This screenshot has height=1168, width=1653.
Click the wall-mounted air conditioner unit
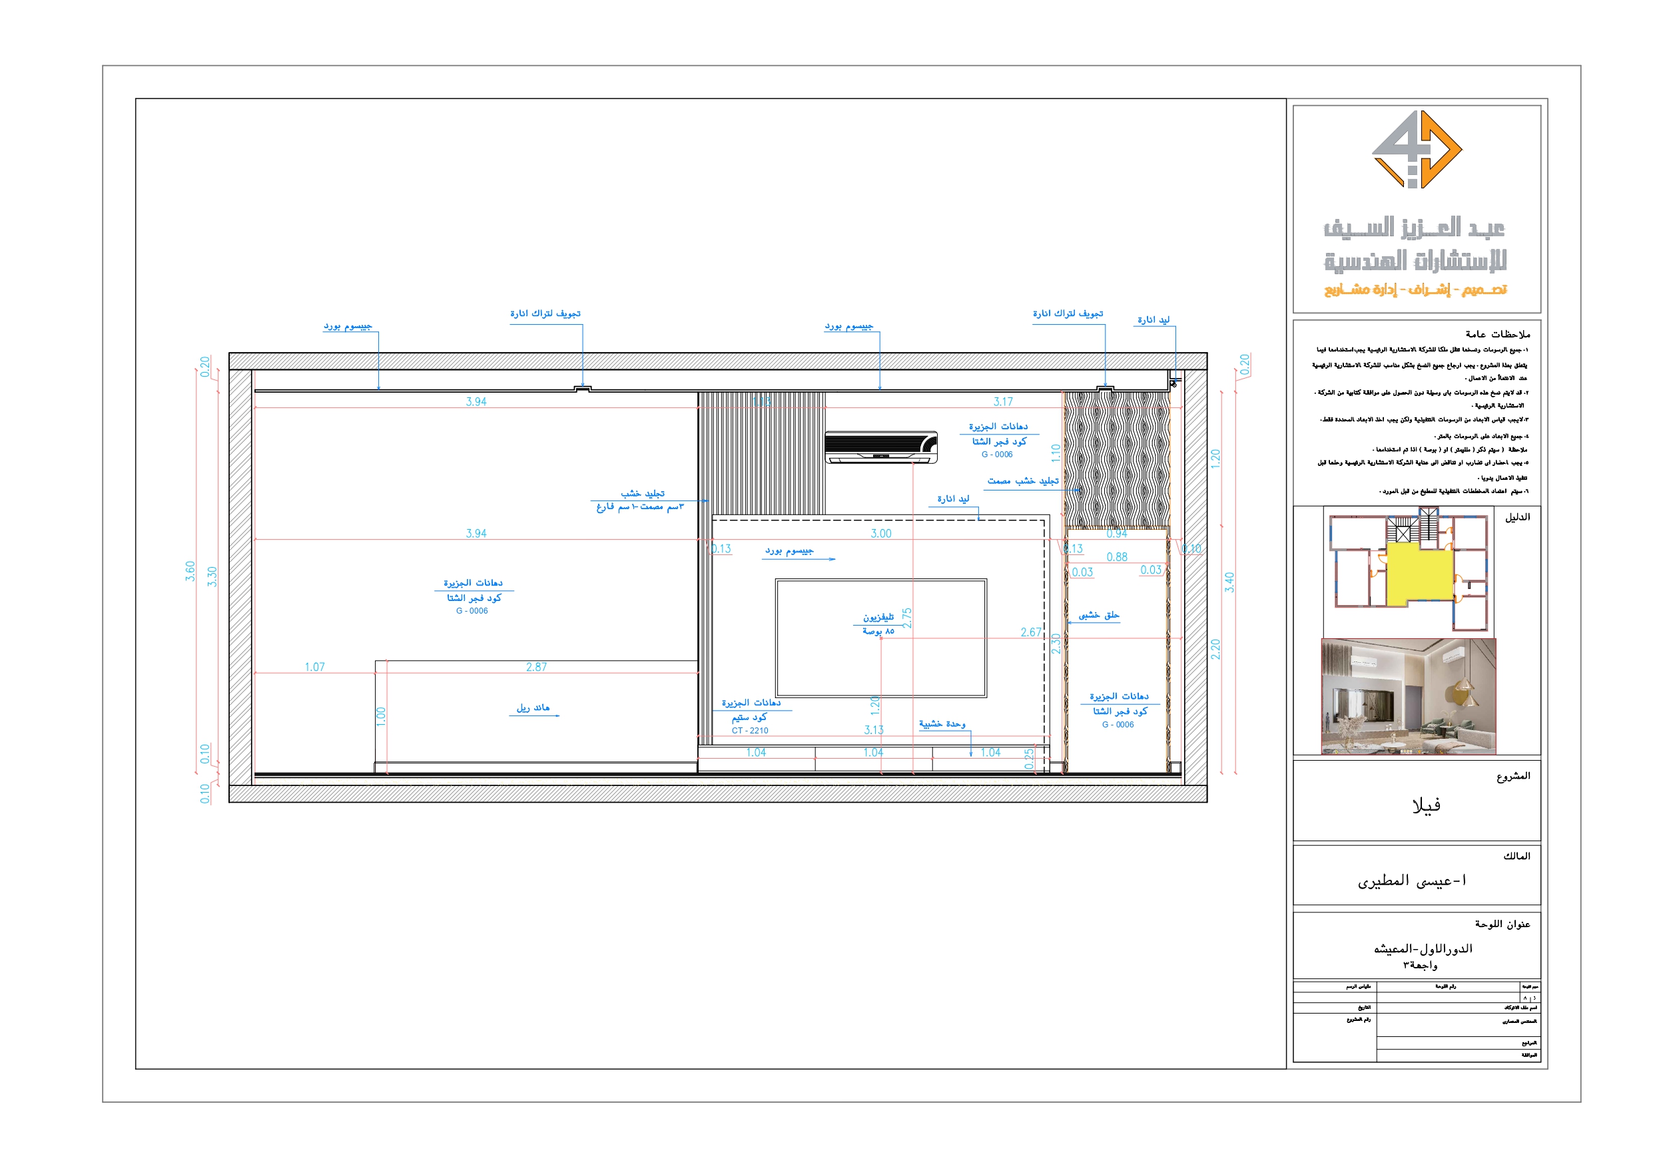coord(880,447)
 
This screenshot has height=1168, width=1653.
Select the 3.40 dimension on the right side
coord(1229,582)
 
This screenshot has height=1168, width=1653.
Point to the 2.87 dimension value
coord(536,667)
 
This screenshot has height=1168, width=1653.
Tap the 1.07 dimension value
coord(314,667)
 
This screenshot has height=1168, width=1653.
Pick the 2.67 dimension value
coord(1030,632)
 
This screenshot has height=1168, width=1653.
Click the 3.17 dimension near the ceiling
coord(1003,401)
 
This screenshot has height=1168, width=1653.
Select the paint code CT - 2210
coord(749,731)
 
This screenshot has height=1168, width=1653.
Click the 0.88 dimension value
coord(1117,557)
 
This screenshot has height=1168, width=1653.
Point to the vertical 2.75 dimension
coord(907,618)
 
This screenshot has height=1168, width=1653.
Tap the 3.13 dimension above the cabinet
coord(873,729)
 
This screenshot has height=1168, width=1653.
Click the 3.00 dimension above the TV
coord(880,533)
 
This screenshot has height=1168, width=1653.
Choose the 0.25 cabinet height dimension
coord(1029,758)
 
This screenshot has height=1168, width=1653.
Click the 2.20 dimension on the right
coord(1215,649)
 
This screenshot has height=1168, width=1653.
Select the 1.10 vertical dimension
coord(1056,452)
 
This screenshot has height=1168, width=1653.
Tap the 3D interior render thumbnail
coord(1408,696)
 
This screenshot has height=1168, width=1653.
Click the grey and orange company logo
coord(1416,150)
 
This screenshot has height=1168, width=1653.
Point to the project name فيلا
coord(1425,805)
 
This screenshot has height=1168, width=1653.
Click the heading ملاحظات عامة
coord(1498,334)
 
